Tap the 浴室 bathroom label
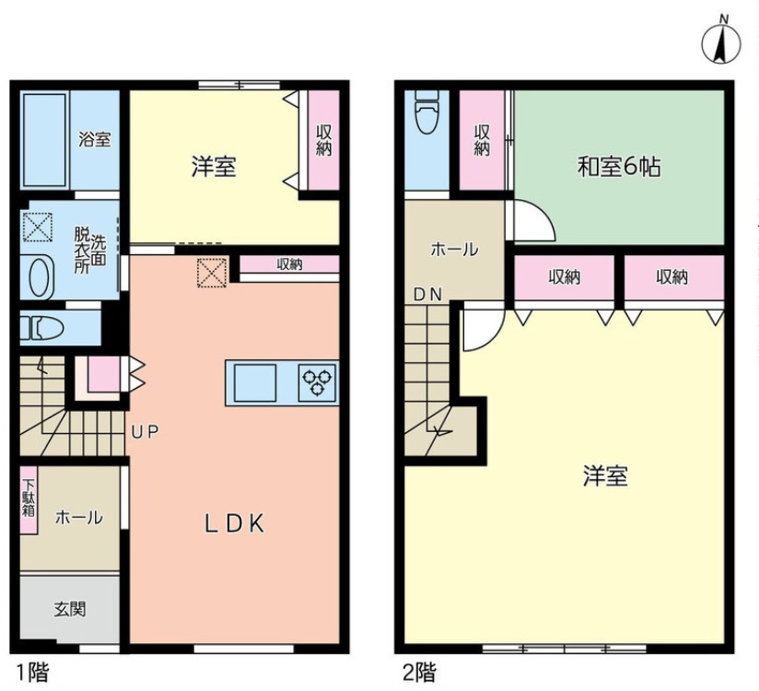pyautogui.click(x=94, y=139)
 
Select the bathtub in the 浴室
pyautogui.click(x=44, y=139)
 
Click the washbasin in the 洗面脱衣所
pyautogui.click(x=39, y=277)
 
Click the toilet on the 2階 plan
pyautogui.click(x=427, y=111)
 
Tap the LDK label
pyautogui.click(x=234, y=524)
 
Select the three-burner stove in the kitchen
pyautogui.click(x=318, y=382)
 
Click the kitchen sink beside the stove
pyautogui.click(x=255, y=382)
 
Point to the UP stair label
pyautogui.click(x=145, y=432)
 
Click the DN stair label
pyautogui.click(x=427, y=294)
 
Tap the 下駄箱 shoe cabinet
pyautogui.click(x=29, y=499)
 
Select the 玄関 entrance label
pyautogui.click(x=70, y=609)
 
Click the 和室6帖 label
pyautogui.click(x=619, y=168)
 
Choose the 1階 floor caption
pyautogui.click(x=33, y=673)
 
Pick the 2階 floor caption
pyautogui.click(x=419, y=673)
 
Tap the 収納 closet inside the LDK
pyautogui.click(x=289, y=264)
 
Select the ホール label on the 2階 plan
pyautogui.click(x=454, y=250)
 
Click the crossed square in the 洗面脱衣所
pyautogui.click(x=37, y=227)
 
